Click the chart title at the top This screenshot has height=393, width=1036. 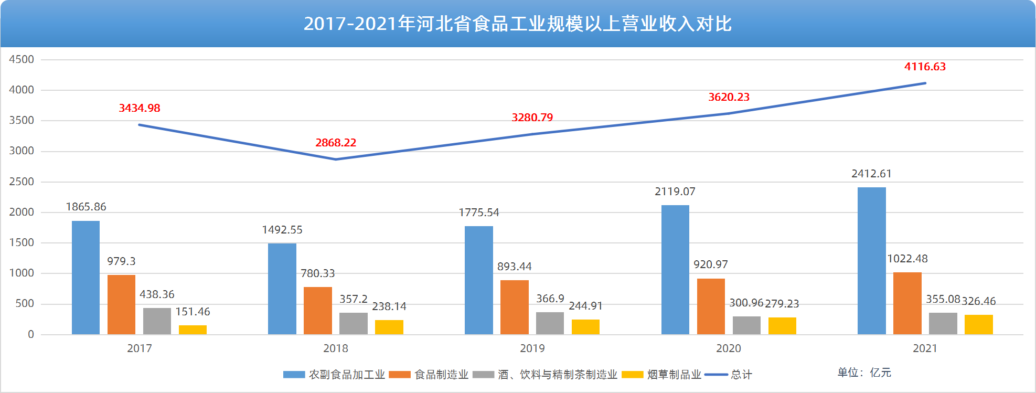[517, 24]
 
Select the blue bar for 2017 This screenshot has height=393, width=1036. [86, 278]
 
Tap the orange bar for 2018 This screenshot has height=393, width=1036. [317, 311]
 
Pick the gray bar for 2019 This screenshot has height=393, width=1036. [550, 323]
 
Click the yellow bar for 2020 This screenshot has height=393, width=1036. [782, 326]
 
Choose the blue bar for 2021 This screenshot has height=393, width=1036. [871, 261]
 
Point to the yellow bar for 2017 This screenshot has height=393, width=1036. [193, 330]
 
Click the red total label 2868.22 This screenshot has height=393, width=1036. [336, 143]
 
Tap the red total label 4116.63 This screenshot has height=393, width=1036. [925, 67]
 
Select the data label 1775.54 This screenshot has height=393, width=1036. [479, 213]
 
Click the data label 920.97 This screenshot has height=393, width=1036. [711, 264]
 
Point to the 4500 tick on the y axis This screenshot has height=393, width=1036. [22, 59]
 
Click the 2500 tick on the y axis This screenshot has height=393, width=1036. [22, 182]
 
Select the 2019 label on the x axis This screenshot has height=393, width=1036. [532, 348]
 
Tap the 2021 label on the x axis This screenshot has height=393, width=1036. [924, 348]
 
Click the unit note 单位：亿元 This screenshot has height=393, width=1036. [864, 373]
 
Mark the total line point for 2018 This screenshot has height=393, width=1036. [336, 159]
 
